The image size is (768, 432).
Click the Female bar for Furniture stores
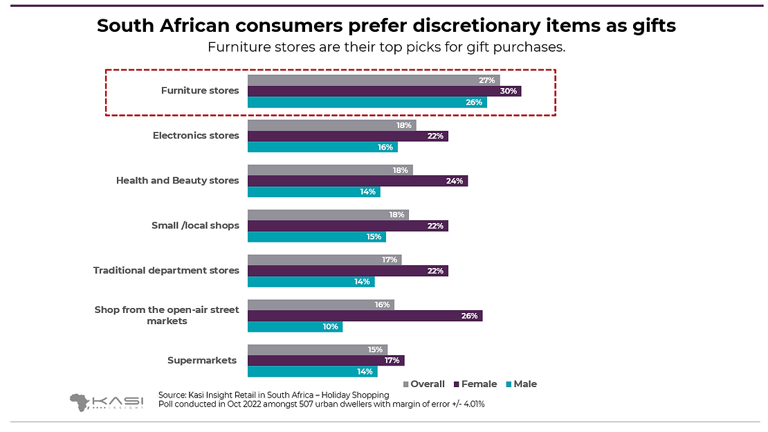384,91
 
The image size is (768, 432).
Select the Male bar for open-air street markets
295,326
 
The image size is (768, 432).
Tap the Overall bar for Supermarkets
318,350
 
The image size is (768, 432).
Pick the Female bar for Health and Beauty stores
358,181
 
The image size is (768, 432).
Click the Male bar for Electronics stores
322,147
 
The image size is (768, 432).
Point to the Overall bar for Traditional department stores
324,260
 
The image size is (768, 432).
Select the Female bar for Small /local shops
348,226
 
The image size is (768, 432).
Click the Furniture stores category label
200,91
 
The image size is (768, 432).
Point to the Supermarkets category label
202,360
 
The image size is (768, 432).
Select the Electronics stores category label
196,136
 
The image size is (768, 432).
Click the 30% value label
508,91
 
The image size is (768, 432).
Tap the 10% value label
330,326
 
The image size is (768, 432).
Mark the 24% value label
455,181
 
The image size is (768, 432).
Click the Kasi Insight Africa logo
105,402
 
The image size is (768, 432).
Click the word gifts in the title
650,26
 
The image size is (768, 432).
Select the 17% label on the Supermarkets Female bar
392,360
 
